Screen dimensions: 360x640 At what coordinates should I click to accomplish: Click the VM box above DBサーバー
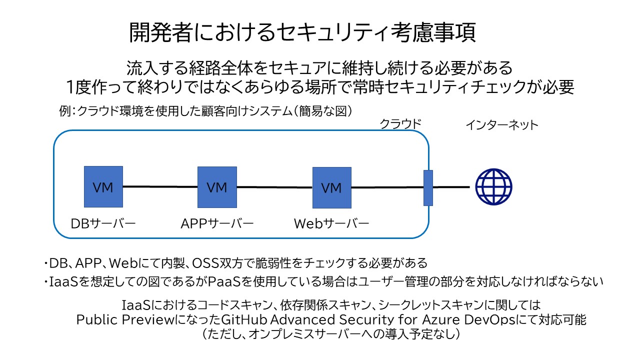tap(103, 187)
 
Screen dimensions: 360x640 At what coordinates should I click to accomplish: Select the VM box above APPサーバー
tap(217, 187)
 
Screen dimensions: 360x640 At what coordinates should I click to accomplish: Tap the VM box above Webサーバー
tap(331, 188)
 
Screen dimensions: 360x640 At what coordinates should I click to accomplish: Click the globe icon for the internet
tap(493, 187)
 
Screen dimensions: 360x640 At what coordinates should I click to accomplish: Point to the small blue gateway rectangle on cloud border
tap(428, 187)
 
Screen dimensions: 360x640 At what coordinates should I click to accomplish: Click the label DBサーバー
tap(103, 223)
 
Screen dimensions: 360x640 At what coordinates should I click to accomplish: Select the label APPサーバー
tap(217, 223)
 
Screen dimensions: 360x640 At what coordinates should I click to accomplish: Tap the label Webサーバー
tap(331, 223)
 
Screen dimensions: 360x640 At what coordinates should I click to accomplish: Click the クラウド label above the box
tap(401, 123)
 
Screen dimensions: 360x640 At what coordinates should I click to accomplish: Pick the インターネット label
tap(501, 124)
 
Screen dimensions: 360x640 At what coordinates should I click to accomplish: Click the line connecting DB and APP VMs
tap(160, 187)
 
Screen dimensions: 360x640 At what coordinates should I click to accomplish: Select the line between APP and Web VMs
tap(274, 187)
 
